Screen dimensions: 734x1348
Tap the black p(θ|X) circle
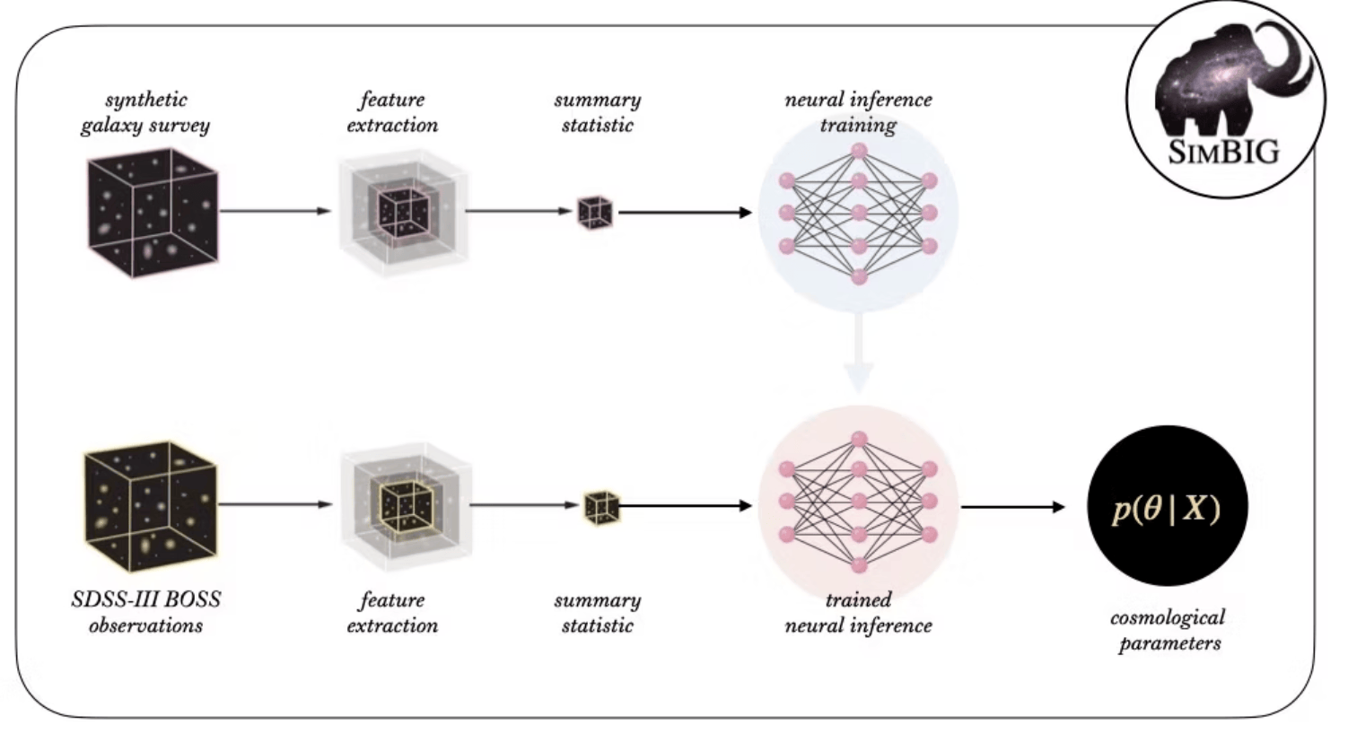pos(1167,507)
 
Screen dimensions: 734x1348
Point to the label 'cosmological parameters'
pos(1169,630)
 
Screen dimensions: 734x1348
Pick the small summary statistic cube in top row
pos(595,213)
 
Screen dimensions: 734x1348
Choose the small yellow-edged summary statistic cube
pos(601,507)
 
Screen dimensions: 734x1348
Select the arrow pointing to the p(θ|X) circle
pos(1012,507)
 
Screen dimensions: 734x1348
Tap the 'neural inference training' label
pos(858,112)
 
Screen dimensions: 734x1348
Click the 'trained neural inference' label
pos(858,612)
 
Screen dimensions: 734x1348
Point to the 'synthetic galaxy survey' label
pos(145,112)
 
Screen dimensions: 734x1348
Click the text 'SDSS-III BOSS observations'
pos(145,612)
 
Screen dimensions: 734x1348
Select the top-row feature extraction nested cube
pos(403,213)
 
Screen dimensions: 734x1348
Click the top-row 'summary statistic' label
pos(598,112)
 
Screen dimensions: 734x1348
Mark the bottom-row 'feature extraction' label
pos(392,612)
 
